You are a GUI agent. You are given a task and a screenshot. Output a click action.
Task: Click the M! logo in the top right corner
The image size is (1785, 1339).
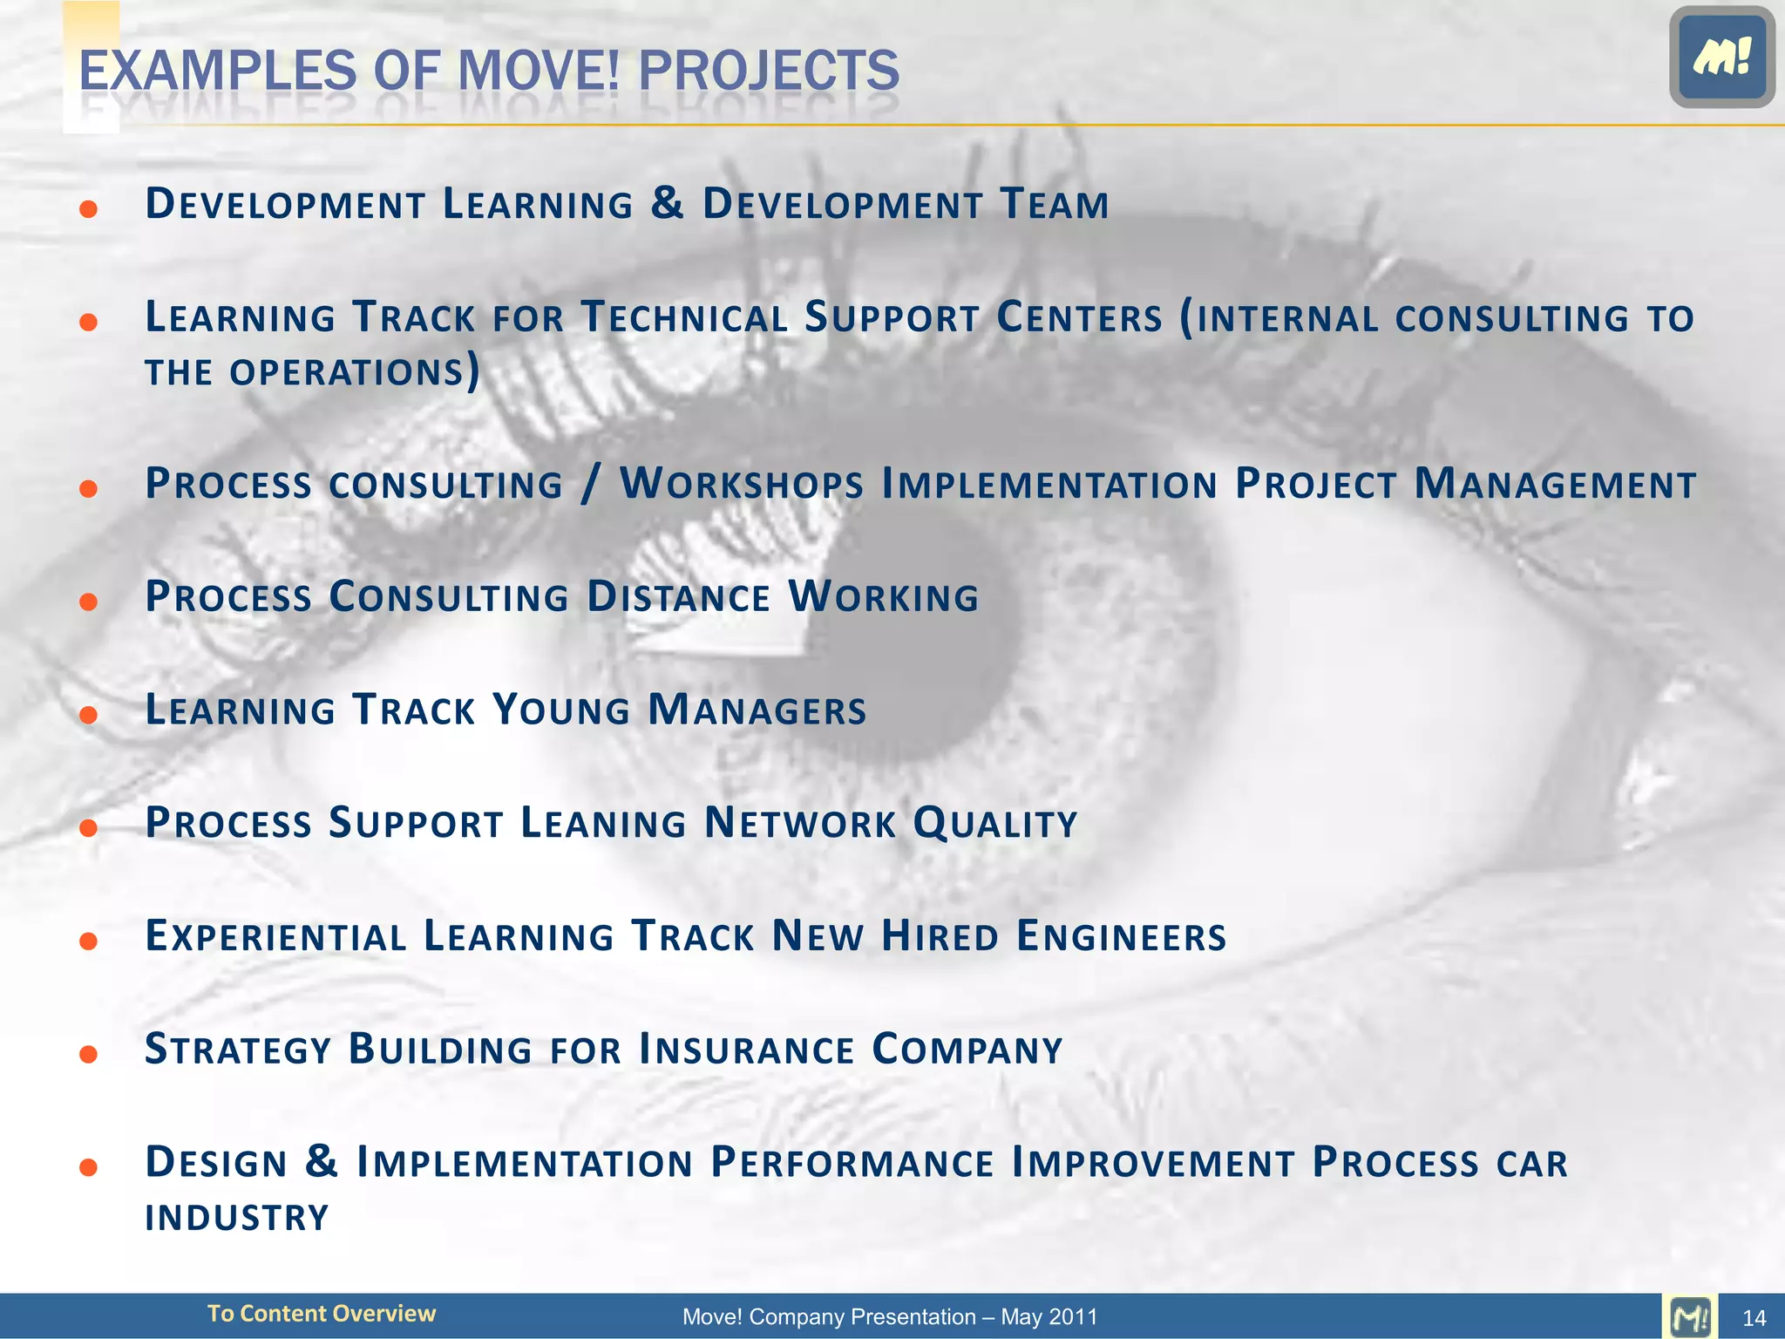pos(1721,58)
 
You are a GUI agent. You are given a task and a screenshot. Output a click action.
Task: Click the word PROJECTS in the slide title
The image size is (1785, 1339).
pos(768,70)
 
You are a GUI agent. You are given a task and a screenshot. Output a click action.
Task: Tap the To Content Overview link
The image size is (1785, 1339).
pos(321,1314)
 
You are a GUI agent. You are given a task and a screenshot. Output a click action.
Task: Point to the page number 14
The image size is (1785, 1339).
pos(1754,1318)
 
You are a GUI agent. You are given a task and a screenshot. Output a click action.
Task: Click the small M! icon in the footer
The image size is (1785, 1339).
pos(1690,1316)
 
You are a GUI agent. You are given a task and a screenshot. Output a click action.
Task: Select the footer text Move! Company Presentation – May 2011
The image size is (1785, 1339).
pos(889,1316)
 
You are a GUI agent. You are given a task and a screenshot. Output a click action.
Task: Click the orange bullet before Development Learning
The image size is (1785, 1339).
pos(88,209)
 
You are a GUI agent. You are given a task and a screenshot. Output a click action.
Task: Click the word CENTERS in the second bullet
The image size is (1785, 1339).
pos(1079,318)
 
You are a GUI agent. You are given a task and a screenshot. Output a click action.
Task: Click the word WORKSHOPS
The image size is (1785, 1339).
pos(741,485)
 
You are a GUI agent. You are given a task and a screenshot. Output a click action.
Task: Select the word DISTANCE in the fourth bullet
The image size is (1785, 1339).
pos(678,598)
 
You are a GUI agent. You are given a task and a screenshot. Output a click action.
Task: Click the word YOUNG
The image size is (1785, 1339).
pos(560,710)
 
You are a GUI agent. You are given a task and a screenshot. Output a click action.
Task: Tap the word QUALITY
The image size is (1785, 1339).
pos(994,825)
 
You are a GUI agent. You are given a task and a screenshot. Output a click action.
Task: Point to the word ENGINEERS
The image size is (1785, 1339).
pos(1121,937)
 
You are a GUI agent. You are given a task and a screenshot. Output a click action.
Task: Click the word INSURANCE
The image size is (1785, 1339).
pos(746,1050)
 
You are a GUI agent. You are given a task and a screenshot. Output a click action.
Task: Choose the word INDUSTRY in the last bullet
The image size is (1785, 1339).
pos(237,1218)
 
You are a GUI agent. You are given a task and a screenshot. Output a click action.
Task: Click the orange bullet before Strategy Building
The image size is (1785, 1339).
pos(88,1055)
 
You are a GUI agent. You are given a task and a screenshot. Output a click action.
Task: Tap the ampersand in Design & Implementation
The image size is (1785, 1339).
pos(322,1162)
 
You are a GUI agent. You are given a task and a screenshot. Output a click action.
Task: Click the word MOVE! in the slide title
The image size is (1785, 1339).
pos(538,70)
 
